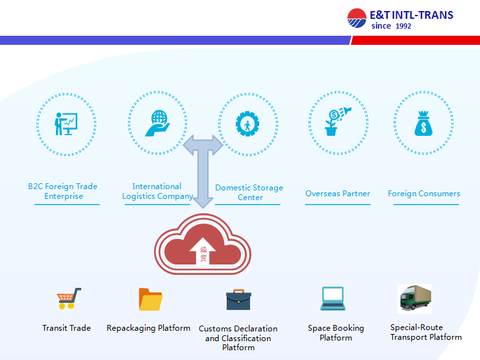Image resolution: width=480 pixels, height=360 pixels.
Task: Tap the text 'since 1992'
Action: tap(391, 26)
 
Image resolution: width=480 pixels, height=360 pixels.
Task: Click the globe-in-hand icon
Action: tap(157, 122)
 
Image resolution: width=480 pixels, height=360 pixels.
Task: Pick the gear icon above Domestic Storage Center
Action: tap(247, 123)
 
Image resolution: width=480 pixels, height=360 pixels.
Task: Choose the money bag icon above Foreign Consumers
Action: tap(423, 122)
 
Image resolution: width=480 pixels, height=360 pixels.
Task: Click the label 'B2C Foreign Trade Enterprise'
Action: tap(62, 191)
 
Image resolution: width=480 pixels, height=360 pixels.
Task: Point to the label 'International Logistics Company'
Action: tap(157, 191)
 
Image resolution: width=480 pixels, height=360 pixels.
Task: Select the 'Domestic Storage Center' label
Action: tap(249, 192)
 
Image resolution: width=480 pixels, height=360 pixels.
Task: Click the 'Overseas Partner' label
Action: tap(338, 194)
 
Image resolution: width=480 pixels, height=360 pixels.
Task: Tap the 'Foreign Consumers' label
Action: tap(423, 194)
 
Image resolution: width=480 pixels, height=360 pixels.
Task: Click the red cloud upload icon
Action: tap(202, 247)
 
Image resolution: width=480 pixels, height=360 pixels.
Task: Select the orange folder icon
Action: tap(151, 299)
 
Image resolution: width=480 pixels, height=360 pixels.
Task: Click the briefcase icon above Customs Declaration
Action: tap(238, 300)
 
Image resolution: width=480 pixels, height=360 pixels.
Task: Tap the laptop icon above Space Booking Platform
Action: tap(332, 298)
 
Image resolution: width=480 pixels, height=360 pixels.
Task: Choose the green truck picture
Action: tap(414, 299)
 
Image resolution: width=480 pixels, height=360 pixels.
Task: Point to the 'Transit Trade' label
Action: tap(66, 328)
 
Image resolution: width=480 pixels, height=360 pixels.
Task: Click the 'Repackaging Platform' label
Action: tap(149, 328)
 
